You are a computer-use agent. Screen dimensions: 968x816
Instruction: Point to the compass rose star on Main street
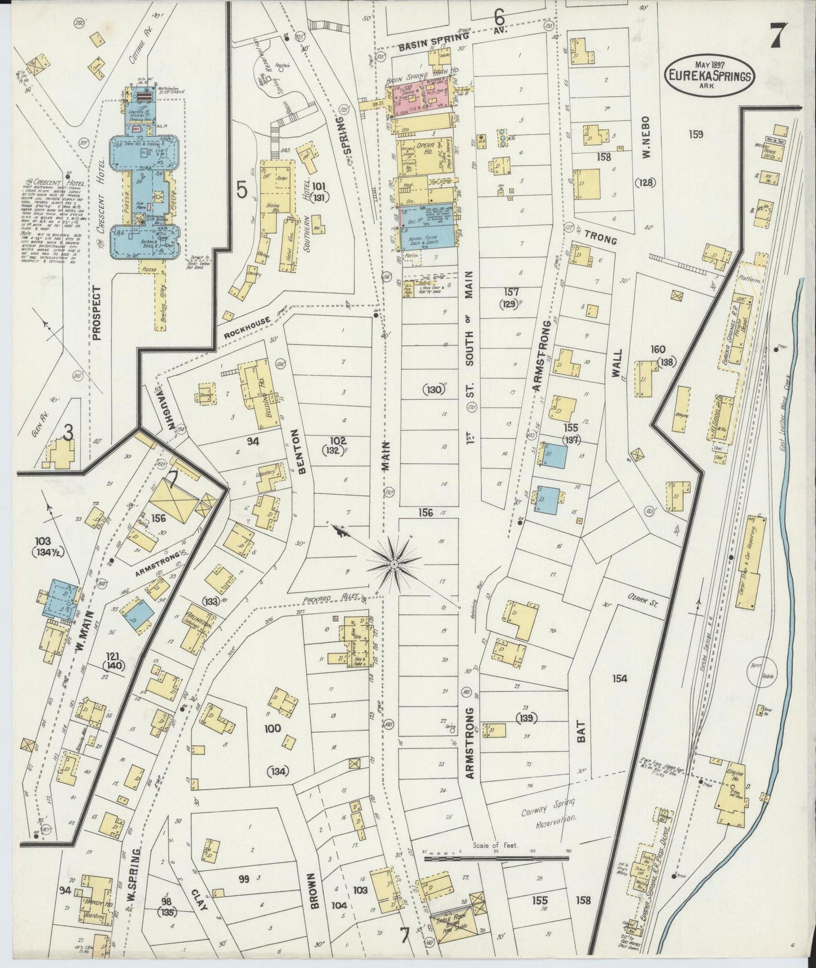tap(394, 564)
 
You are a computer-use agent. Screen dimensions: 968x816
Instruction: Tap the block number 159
tap(696, 134)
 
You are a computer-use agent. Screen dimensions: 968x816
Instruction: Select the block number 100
tap(272, 729)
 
